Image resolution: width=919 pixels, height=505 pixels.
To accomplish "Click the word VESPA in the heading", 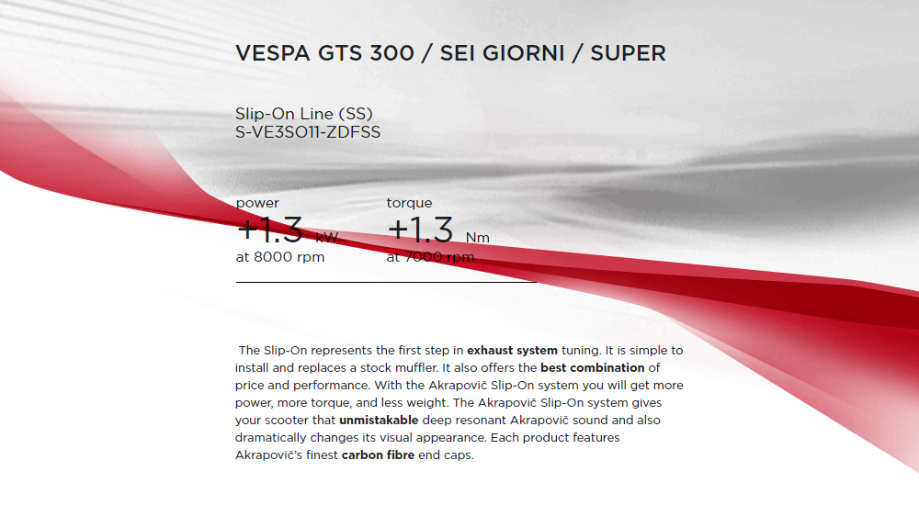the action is point(273,53).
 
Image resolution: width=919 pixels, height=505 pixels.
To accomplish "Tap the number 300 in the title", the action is point(392,53).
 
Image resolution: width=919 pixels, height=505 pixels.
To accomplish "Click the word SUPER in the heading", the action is point(628,53).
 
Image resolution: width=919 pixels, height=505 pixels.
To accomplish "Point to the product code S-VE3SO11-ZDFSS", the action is point(308,132).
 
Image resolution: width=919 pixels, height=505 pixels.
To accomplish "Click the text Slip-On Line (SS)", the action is point(303,114).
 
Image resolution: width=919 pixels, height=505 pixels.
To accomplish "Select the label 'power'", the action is point(257,203).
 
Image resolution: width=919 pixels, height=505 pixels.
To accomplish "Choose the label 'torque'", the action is point(409,203).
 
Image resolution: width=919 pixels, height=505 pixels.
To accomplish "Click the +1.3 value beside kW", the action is point(269,229).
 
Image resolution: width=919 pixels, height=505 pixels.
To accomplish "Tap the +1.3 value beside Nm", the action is point(420,229).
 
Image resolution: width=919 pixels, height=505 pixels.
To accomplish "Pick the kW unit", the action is point(327,237).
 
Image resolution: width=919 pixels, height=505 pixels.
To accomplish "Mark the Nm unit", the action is point(478,237).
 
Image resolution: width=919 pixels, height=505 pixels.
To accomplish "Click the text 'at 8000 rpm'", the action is point(280,257).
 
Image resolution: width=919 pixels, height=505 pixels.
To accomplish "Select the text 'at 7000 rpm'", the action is point(430,257).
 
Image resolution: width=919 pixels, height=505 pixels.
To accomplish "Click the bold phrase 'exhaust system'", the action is point(512,351).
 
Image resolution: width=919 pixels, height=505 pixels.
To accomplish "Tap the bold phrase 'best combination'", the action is point(593,368).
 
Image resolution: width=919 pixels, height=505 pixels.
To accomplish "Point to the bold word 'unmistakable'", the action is point(379,420).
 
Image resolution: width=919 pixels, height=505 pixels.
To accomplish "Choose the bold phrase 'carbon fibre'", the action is point(378,455).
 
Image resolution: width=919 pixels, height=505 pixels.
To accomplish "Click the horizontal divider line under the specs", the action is point(386,283).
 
